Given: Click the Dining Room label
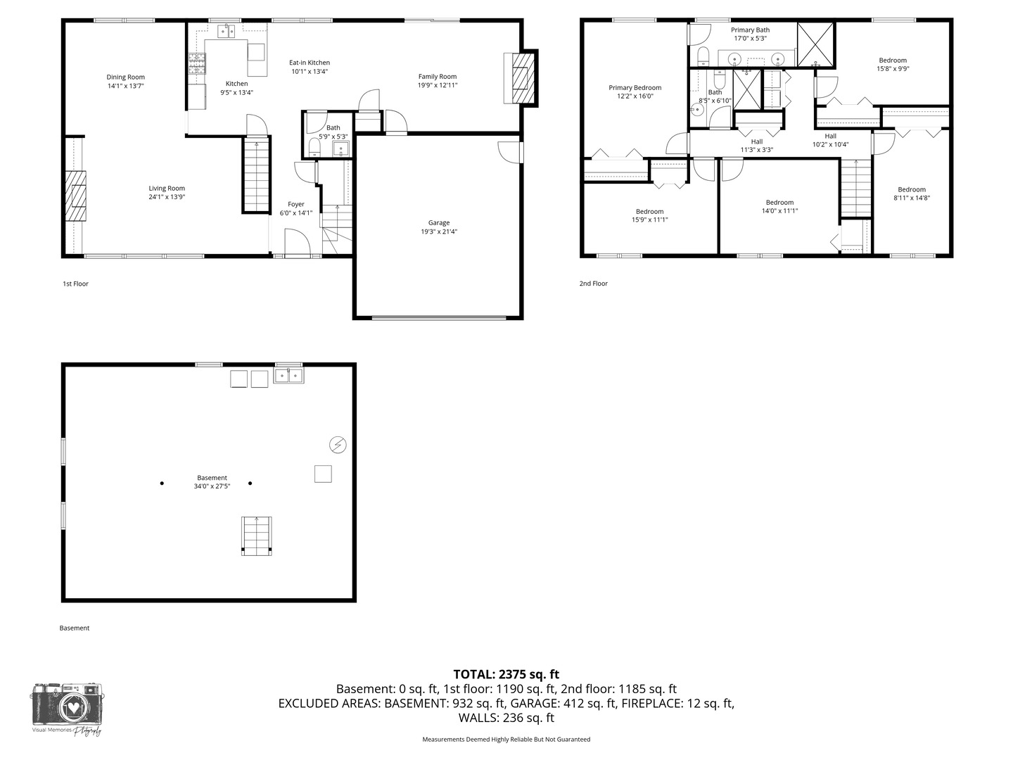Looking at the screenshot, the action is (125, 77).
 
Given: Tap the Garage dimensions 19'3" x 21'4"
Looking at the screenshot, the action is (439, 232).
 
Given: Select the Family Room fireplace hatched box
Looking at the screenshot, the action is (523, 78).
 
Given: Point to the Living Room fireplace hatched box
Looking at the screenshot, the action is (75, 196).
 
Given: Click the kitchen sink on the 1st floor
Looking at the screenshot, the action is (226, 31).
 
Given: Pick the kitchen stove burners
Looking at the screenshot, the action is (197, 63).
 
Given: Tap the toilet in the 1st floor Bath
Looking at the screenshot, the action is (314, 147).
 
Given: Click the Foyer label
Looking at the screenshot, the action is (296, 204).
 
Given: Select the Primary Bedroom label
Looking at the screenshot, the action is (635, 88).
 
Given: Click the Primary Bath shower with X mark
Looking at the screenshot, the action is (815, 44).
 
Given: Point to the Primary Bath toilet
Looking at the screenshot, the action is (703, 56).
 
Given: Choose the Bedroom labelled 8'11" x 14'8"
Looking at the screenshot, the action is (912, 194).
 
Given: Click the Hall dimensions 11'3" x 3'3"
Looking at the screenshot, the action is (757, 149).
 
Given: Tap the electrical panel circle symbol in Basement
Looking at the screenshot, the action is (338, 445).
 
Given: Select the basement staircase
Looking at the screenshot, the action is (257, 536).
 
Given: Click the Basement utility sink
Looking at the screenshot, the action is (289, 375).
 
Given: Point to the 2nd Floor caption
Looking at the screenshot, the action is (594, 284).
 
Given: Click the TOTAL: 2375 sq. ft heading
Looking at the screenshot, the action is (507, 674).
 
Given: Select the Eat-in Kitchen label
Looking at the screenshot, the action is (310, 63).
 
